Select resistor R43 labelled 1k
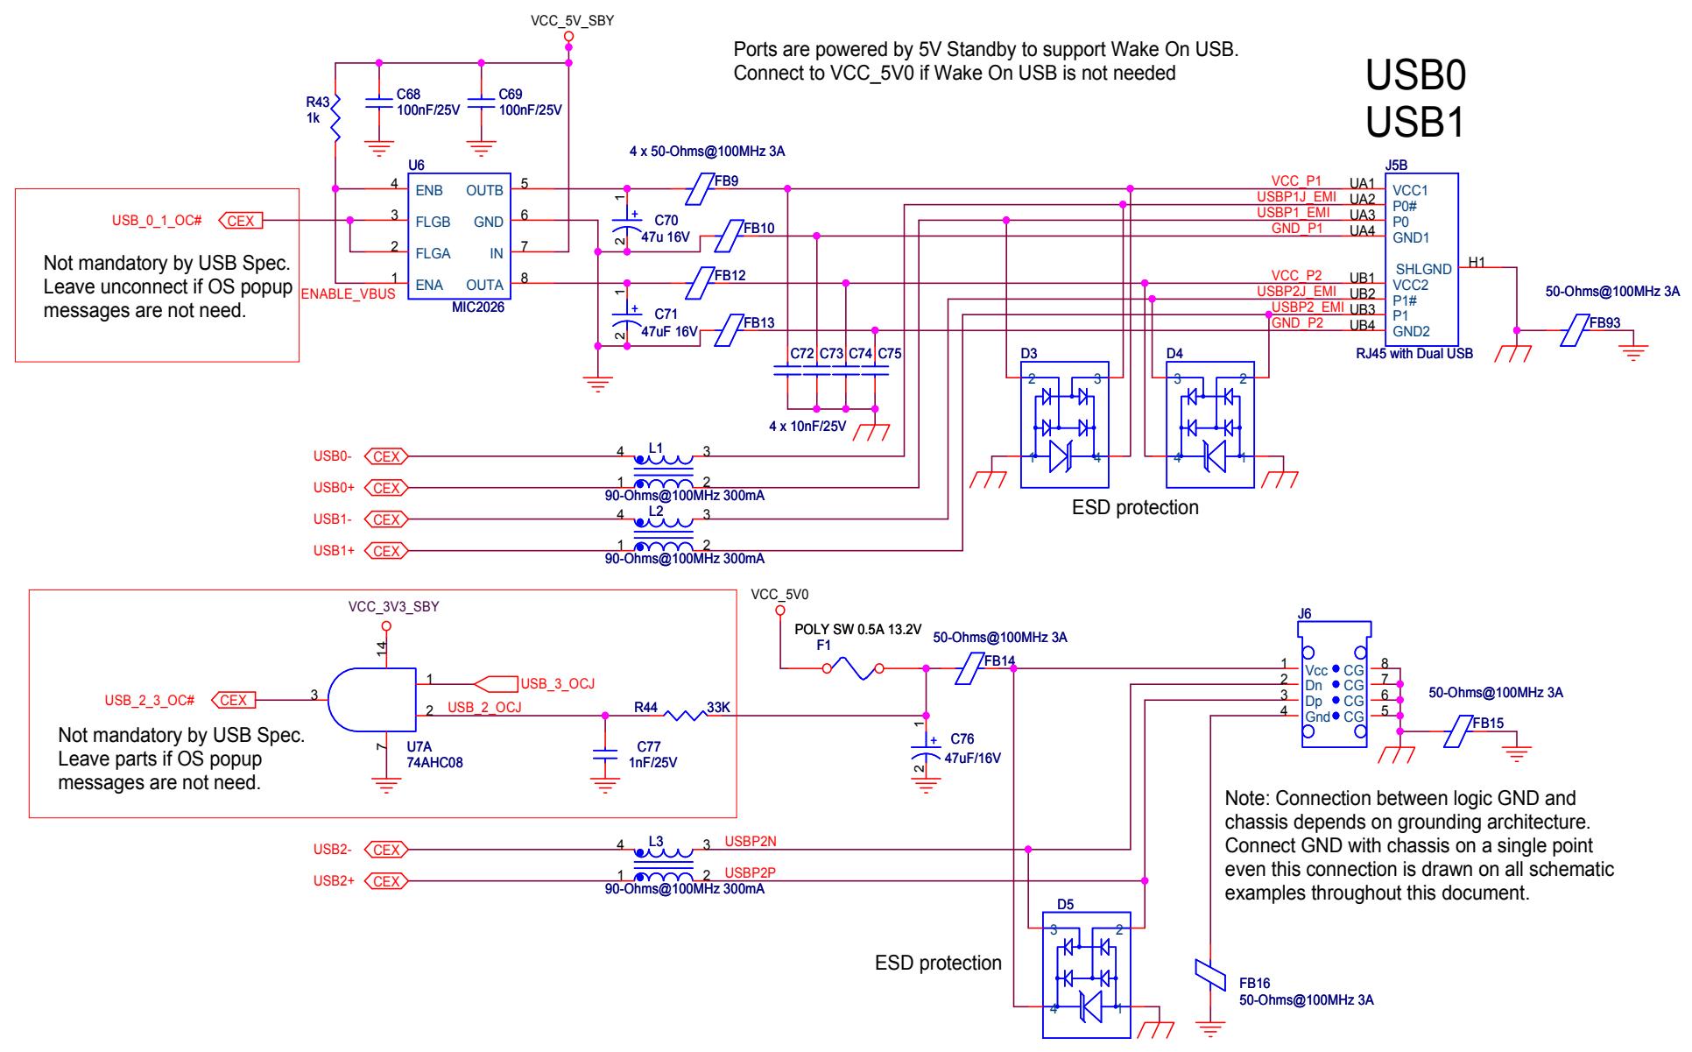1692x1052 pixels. coord(335,118)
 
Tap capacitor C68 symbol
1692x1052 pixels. coord(378,102)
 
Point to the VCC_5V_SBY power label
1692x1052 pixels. coord(572,21)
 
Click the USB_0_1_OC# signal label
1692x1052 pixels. coord(157,221)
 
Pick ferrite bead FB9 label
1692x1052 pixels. coord(727,181)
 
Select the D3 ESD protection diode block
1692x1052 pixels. coord(1064,425)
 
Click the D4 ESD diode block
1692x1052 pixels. coord(1210,425)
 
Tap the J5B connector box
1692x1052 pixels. coord(1421,259)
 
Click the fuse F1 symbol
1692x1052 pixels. coord(852,670)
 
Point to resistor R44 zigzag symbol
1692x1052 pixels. coord(684,716)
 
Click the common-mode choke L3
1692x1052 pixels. coord(663,863)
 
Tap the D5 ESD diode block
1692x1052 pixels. coord(1086,974)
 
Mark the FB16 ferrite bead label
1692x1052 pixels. coord(1254,984)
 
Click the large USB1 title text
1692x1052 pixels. coord(1415,124)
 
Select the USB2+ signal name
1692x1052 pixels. coord(334,881)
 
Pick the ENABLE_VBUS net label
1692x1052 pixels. coord(348,294)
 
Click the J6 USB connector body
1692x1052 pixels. coord(1333,684)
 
